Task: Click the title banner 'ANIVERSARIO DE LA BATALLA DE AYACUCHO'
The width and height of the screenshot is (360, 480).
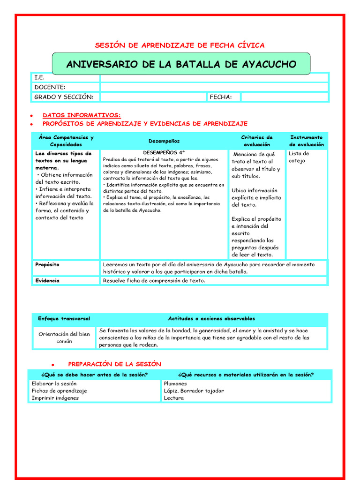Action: click(x=181, y=64)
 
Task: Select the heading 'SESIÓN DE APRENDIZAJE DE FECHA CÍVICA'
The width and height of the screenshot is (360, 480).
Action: click(x=180, y=45)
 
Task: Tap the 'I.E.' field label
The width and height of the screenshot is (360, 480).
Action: click(x=39, y=77)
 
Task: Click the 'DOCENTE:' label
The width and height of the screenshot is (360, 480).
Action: click(x=50, y=87)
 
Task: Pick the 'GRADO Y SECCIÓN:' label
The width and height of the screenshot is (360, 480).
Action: click(x=64, y=97)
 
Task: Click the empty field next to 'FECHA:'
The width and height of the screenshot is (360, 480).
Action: click(x=285, y=97)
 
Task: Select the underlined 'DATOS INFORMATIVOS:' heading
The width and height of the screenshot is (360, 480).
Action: click(x=82, y=115)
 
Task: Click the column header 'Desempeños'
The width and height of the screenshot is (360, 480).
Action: click(x=164, y=141)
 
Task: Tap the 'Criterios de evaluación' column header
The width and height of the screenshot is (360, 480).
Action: click(x=256, y=141)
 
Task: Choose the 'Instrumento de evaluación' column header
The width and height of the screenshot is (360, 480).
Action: click(x=306, y=141)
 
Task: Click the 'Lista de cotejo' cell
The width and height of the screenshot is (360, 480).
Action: click(x=299, y=157)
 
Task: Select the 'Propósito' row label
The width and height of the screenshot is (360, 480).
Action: click(x=47, y=265)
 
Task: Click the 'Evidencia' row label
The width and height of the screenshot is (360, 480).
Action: click(x=47, y=280)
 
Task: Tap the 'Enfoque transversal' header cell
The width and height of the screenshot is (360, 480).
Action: click(x=64, y=319)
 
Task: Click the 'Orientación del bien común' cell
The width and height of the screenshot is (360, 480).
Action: click(x=64, y=337)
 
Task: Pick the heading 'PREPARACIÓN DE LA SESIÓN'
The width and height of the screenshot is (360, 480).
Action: click(x=114, y=364)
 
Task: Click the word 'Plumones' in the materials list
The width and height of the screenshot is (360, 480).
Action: click(x=175, y=383)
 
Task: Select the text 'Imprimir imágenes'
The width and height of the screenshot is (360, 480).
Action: click(x=55, y=398)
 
